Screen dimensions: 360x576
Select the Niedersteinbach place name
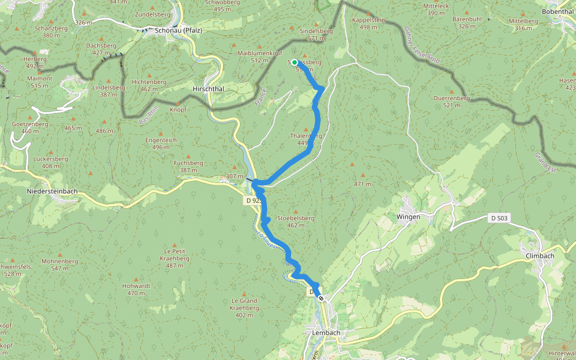(x=52, y=192)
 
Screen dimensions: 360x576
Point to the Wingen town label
(x=408, y=216)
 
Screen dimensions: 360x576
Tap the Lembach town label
(x=326, y=332)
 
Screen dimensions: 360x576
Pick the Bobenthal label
(x=558, y=11)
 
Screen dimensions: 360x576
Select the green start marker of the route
(x=295, y=62)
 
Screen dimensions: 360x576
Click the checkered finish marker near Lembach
(x=322, y=298)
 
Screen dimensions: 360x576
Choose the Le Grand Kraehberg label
(x=244, y=304)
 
